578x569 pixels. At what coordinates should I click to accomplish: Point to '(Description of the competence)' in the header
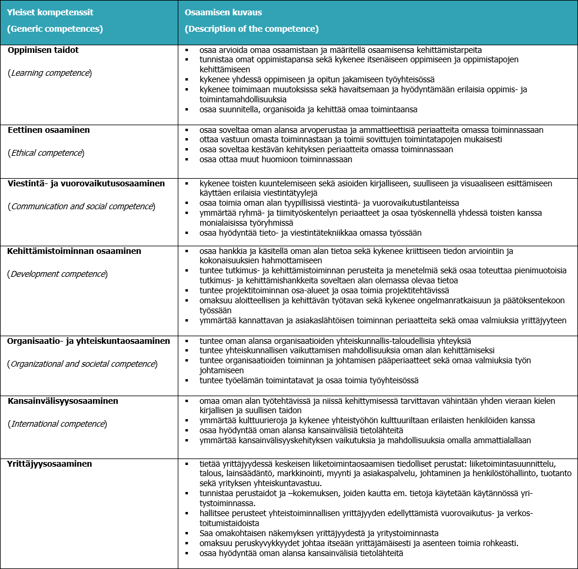tap(251, 29)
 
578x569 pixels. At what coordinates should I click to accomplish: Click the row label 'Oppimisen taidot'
tap(43, 51)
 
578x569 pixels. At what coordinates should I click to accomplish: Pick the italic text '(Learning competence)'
tap(49, 73)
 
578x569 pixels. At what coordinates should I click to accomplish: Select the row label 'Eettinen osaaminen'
tap(49, 130)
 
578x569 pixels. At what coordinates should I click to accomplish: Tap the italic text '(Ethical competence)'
tap(46, 153)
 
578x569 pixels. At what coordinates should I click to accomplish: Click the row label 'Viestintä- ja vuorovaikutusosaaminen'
tap(86, 183)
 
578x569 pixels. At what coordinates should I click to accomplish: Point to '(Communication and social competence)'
tap(81, 206)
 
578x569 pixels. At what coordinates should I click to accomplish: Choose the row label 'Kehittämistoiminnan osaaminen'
tap(74, 251)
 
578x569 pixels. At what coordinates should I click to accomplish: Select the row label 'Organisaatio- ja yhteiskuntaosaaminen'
tap(89, 341)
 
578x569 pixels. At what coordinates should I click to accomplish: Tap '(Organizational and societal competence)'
tap(83, 364)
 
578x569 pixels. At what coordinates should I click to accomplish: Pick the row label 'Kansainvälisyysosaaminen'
tap(63, 401)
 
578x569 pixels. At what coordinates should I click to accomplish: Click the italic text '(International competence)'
tap(58, 424)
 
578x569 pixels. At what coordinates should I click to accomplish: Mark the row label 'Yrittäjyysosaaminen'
tap(50, 464)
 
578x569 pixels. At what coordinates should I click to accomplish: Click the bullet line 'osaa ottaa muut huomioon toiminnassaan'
tap(275, 159)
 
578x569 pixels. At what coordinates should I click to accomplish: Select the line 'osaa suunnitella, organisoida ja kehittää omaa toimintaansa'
tap(308, 109)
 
